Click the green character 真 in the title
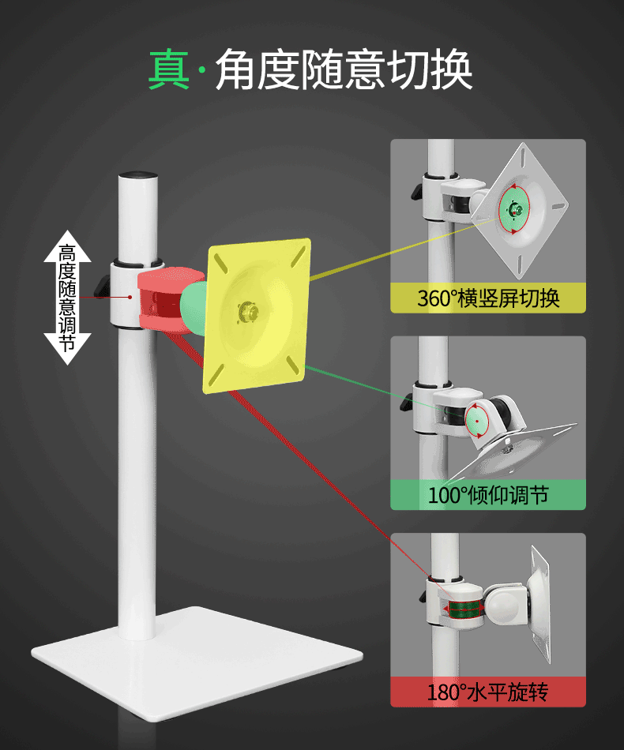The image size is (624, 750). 169,69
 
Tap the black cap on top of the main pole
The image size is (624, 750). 137,173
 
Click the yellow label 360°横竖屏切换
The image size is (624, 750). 488,298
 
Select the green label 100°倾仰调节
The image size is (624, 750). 488,495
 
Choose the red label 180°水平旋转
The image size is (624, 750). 488,692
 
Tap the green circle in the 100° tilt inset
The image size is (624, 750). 476,419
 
